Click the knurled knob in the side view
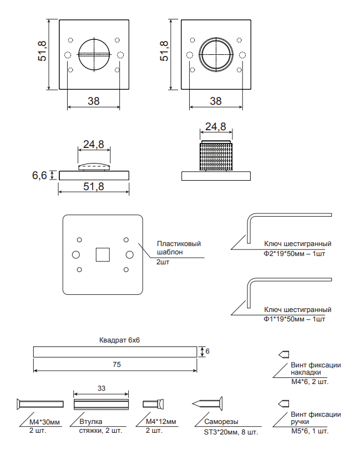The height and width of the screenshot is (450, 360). click(216, 156)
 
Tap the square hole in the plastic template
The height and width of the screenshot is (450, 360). click(103, 254)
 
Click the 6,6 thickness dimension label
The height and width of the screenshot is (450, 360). click(39, 175)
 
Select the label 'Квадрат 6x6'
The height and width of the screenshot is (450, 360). click(119, 340)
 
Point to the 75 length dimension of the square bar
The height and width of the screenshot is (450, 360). click(116, 364)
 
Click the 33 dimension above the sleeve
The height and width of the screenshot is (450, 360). click(102, 388)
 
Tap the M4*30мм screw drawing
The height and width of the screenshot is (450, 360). click(40, 404)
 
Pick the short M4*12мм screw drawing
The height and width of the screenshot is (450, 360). click(154, 404)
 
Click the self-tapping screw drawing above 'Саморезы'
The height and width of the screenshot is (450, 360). click(207, 404)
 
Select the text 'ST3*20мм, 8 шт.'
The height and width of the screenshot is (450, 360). click(231, 432)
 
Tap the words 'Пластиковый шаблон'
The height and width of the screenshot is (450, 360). click(179, 248)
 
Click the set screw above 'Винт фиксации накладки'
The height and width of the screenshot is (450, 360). click(283, 355)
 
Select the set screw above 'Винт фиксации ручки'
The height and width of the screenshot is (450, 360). click(283, 404)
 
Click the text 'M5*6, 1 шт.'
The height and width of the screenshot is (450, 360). click(310, 431)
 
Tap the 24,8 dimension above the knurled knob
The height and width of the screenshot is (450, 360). click(216, 126)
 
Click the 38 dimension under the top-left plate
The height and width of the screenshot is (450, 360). click(94, 101)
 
